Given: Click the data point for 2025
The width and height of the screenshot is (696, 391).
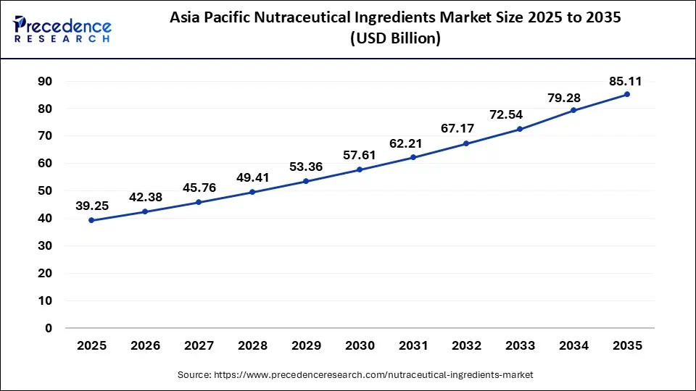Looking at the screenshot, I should [x=91, y=220].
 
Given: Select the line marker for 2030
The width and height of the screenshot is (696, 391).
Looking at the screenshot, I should [x=359, y=169].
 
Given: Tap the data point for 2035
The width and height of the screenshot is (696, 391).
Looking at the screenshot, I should [x=627, y=94].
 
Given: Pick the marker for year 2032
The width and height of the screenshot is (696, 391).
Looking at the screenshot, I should [x=466, y=143].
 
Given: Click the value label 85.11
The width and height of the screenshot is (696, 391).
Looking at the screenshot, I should [x=627, y=81].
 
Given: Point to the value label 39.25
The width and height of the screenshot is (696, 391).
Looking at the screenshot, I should [x=91, y=206].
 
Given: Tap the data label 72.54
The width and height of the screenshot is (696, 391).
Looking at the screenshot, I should [x=520, y=115].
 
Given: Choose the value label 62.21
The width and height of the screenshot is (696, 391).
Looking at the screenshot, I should [x=413, y=143].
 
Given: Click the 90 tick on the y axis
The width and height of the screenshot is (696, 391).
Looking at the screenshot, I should [x=45, y=82].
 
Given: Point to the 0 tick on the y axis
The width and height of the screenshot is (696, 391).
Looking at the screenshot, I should [x=49, y=328].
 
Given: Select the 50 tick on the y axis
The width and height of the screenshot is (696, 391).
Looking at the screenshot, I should [x=45, y=191].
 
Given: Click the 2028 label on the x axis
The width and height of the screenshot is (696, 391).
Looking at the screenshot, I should [x=252, y=346].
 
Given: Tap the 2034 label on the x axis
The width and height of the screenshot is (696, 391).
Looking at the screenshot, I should [x=573, y=346].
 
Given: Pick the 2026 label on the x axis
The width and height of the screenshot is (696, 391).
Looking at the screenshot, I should [x=145, y=346].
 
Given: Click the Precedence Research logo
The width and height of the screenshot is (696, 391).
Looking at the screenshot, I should [x=62, y=30].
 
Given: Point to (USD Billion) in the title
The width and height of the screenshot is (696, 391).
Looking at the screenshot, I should [x=395, y=38].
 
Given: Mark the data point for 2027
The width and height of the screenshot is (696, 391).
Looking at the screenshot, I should [x=199, y=202].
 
